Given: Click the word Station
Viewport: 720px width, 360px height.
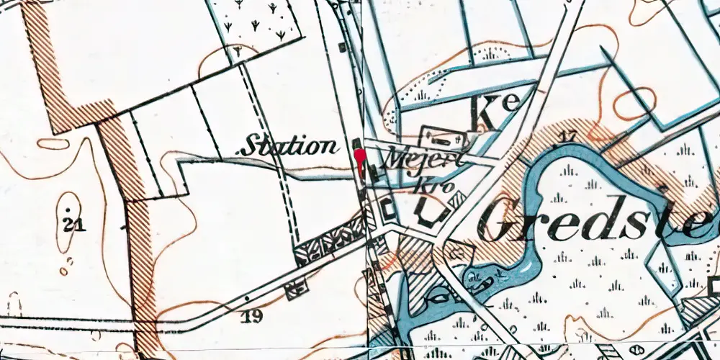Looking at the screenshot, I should [x=290, y=147].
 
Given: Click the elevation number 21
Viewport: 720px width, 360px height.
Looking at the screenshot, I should [x=73, y=226].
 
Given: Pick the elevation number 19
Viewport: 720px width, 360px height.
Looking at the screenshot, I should [x=253, y=315].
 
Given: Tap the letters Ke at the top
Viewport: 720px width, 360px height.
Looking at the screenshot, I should [x=497, y=112].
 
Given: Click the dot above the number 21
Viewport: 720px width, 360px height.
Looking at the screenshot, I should [x=68, y=210].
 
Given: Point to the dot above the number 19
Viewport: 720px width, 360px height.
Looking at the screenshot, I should [x=247, y=297].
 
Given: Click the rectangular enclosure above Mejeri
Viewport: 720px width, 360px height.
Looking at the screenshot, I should [x=442, y=135].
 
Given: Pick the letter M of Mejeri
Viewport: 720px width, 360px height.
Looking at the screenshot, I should [x=397, y=158].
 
